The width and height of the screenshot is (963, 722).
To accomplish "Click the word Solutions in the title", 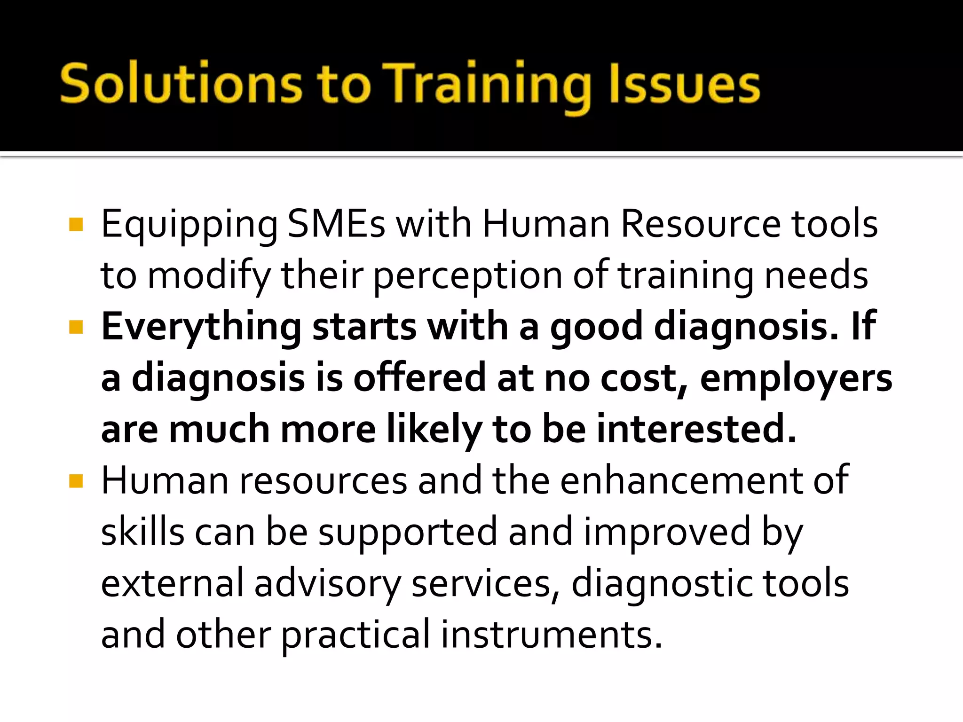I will (x=181, y=84).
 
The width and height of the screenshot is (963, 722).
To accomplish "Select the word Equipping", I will (x=189, y=225).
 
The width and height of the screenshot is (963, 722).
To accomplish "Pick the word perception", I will (x=467, y=275).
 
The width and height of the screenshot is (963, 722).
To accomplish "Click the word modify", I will (x=209, y=275).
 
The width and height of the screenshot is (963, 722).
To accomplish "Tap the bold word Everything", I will (x=201, y=327).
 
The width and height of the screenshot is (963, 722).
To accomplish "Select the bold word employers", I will (x=796, y=379).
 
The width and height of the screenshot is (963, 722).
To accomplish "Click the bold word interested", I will (x=696, y=429).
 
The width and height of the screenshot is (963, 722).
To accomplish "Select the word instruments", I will (x=552, y=635).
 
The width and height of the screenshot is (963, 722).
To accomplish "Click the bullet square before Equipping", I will (x=76, y=225).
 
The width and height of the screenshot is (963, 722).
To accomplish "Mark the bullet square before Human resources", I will (x=76, y=481).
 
